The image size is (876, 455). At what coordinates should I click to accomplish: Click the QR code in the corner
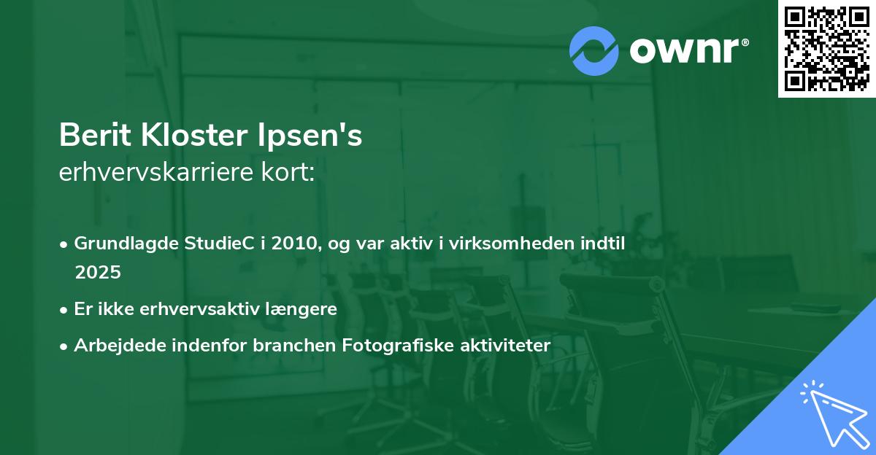pyautogui.click(x=826, y=49)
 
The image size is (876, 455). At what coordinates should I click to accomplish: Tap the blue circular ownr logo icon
pyautogui.click(x=594, y=50)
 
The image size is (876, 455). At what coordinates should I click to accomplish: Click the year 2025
pyautogui.click(x=97, y=273)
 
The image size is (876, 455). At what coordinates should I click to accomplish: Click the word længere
pyautogui.click(x=304, y=309)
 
